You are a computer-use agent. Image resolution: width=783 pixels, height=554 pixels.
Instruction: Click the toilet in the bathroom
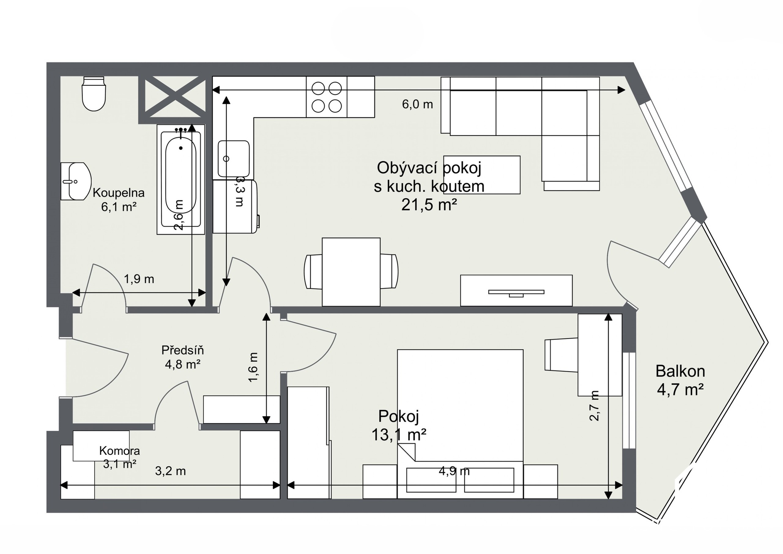click(x=94, y=94)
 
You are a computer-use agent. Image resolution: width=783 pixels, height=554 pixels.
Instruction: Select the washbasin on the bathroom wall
click(x=76, y=181)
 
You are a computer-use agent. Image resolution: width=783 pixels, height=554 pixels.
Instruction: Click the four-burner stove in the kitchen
click(x=327, y=97)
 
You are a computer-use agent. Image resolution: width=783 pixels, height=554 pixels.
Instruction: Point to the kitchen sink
click(x=234, y=159)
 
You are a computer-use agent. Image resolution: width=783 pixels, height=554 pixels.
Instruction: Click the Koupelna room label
click(x=119, y=193)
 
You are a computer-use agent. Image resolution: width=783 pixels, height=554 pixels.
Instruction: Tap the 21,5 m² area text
click(x=429, y=204)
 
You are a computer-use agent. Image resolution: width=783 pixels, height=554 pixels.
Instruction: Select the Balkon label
click(x=680, y=371)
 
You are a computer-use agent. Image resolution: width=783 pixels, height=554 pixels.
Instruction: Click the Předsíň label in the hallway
click(x=182, y=350)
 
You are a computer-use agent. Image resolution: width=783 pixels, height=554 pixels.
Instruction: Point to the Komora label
click(x=119, y=451)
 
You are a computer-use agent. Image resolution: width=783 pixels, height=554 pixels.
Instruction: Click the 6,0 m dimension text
click(x=417, y=104)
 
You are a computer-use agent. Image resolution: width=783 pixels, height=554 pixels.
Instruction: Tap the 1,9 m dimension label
click(x=139, y=279)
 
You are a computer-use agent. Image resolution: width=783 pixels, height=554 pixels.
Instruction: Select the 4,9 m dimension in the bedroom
click(x=454, y=471)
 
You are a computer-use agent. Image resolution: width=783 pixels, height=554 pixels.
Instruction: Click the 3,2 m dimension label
click(x=170, y=471)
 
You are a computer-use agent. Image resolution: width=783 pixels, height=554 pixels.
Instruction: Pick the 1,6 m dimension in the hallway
click(x=253, y=367)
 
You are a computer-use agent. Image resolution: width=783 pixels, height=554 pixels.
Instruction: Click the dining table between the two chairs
click(x=351, y=272)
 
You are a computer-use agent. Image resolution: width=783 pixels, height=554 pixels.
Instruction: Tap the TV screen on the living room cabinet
click(x=516, y=293)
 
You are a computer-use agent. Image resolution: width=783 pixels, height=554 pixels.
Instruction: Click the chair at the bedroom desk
click(x=562, y=355)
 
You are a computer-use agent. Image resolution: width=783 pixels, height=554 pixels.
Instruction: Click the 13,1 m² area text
click(x=399, y=434)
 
